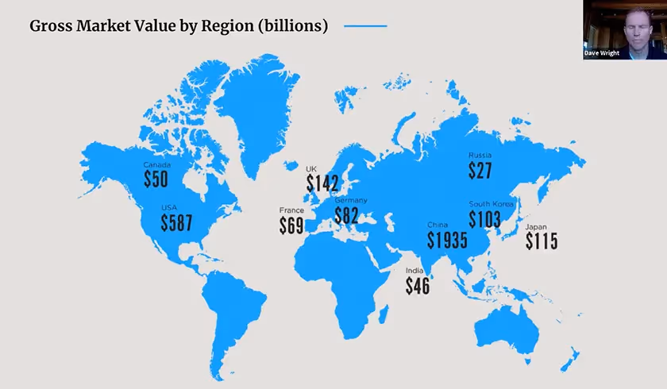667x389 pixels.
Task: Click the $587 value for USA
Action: tap(176, 223)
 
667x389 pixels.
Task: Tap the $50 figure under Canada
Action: tap(156, 179)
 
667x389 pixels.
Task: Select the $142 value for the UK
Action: tap(322, 183)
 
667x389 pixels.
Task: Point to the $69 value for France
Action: tap(291, 225)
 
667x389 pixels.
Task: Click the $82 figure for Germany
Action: tap(346, 215)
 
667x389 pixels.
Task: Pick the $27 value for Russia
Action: tap(480, 171)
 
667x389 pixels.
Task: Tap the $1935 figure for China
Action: tap(446, 241)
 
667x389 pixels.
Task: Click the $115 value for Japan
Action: tap(542, 241)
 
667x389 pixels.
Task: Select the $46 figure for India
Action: tap(418, 286)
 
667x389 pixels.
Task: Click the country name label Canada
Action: tap(156, 165)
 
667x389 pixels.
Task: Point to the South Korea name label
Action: tap(492, 204)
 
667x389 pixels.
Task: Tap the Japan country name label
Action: tap(536, 226)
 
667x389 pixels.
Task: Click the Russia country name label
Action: tap(480, 155)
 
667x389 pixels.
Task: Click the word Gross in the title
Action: tap(52, 25)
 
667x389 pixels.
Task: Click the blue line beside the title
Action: tap(365, 26)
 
